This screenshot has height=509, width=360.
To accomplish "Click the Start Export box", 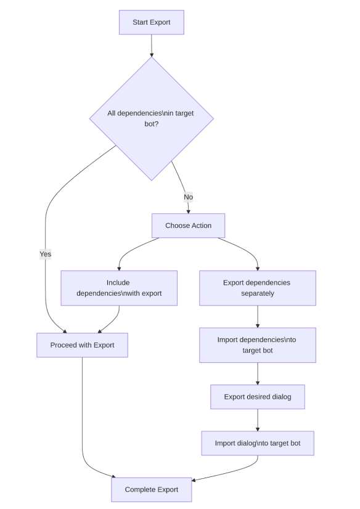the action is coord(151,22).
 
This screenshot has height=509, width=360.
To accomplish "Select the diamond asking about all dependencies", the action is coord(151,118).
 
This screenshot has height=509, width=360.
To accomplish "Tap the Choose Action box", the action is coord(188,226).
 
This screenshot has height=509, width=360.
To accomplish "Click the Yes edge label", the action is coord(46,254).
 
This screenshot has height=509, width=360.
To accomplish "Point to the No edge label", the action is coord(188,197).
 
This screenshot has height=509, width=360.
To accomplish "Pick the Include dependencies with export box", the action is coord(119,288).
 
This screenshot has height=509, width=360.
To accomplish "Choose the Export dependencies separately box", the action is coord(258,288).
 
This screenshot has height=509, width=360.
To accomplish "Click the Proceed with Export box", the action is coord(82,345).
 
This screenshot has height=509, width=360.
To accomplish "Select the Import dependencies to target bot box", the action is coord(258,345).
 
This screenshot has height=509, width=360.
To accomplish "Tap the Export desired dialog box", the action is coord(258,397).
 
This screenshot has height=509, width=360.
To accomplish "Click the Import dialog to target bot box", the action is coord(258,443).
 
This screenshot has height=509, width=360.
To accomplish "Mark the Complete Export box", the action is coord(151,489).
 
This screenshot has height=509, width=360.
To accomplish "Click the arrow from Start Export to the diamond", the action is coord(151,46).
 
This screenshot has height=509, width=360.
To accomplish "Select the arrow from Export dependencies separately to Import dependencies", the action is coord(258,317).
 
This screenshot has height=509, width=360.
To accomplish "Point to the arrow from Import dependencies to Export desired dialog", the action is coord(258,373).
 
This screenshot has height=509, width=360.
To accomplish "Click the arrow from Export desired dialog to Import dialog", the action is coord(258,420).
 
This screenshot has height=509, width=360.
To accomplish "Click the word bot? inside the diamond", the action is coord(151,124).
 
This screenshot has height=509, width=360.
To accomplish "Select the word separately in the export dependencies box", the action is coord(258,293).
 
